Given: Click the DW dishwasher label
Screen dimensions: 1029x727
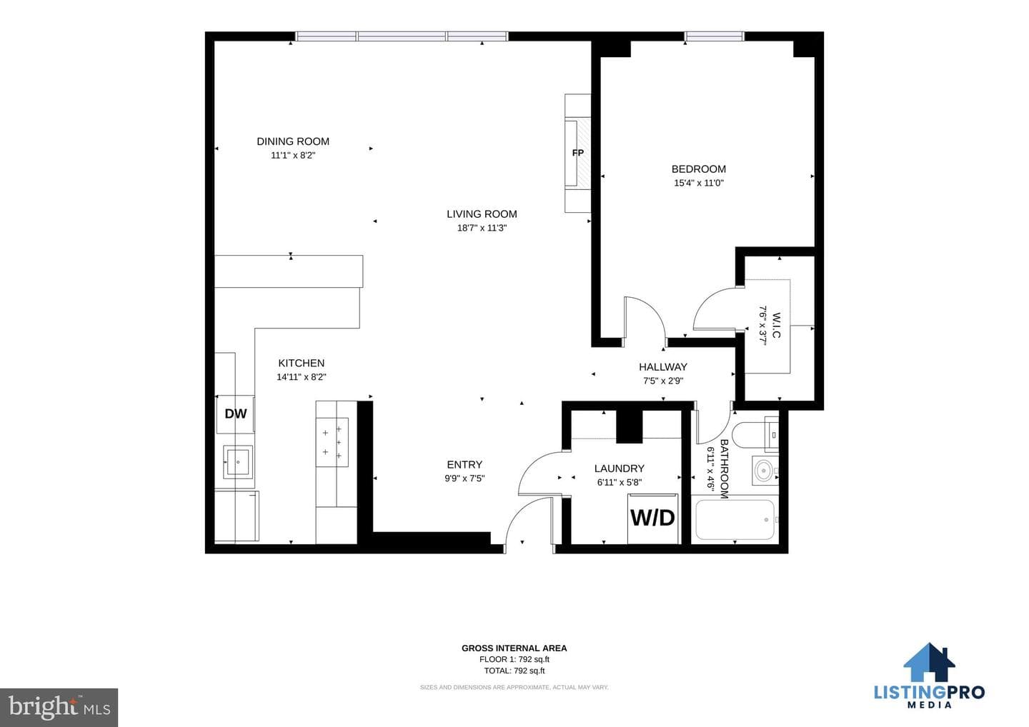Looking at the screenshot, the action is tap(236, 414).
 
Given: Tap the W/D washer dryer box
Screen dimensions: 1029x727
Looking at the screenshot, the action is tap(653, 518).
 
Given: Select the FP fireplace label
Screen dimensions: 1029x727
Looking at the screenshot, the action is tap(578, 153).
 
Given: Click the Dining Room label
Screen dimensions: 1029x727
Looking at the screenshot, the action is tap(293, 141).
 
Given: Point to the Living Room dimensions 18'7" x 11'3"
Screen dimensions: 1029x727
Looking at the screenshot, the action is tap(482, 228).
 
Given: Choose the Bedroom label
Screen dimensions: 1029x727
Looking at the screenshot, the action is tap(699, 169).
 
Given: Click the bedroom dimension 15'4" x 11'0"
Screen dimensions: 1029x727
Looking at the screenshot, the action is tap(699, 183).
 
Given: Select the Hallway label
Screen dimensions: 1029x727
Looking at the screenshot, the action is tap(663, 366).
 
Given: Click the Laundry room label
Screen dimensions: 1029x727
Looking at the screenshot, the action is tap(620, 468).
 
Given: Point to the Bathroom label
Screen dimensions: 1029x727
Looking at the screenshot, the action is tap(724, 468).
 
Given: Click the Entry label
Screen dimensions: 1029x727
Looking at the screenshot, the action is tap(464, 464).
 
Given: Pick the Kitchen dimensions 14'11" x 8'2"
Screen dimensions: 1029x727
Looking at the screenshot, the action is tap(302, 377).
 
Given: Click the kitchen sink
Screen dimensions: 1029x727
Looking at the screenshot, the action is tap(238, 461).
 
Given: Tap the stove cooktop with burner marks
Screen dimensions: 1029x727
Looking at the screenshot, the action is tap(332, 443).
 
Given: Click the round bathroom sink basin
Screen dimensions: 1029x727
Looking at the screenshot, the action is tap(763, 471).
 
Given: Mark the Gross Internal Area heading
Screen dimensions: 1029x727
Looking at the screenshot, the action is tap(514, 648).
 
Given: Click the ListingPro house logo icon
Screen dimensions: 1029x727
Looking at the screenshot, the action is tap(929, 661).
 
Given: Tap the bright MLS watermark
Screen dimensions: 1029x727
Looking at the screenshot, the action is tap(59, 707).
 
